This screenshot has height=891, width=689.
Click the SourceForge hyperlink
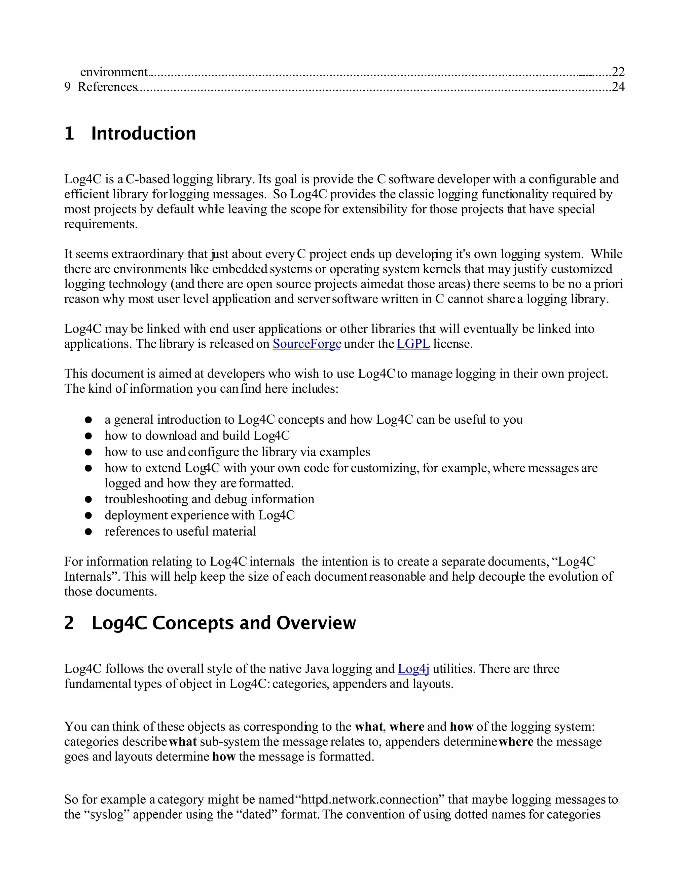click(x=306, y=344)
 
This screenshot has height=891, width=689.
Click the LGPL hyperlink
click(x=413, y=344)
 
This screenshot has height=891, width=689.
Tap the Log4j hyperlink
click(x=413, y=669)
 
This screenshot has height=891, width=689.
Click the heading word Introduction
click(x=143, y=134)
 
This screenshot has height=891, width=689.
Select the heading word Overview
click(x=316, y=623)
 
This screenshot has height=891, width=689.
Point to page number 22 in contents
click(x=618, y=72)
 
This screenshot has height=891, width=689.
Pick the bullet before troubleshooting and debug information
click(x=88, y=500)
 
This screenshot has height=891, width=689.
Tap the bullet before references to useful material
click(x=88, y=532)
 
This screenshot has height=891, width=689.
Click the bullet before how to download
click(x=88, y=436)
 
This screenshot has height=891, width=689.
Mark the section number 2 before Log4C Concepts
click(x=69, y=623)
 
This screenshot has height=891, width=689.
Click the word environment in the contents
click(x=114, y=72)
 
